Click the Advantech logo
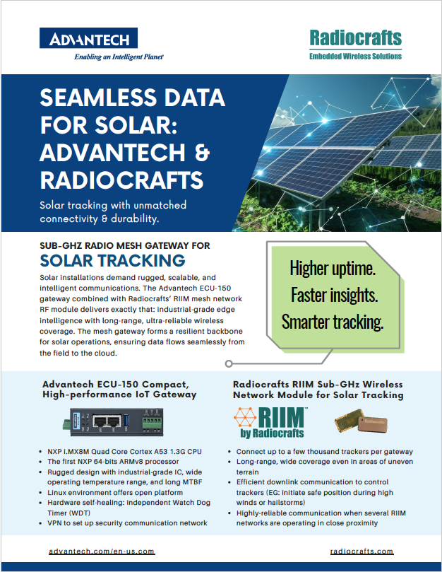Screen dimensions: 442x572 pos(88,38)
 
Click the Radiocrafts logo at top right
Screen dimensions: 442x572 pos(355,45)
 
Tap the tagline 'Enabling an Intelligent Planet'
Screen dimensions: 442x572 pos(119,57)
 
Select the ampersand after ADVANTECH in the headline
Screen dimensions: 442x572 pos(202,153)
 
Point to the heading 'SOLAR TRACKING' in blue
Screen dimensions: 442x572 pos(112,260)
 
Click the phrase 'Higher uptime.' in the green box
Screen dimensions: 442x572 pos(333,269)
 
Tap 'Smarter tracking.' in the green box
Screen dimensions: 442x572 pos(333,322)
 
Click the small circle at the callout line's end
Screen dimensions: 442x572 pos(229,363)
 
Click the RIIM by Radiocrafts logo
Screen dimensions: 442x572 pos(270,422)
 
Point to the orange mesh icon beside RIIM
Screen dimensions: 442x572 pos(245,417)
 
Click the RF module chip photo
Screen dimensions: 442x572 pos(361,421)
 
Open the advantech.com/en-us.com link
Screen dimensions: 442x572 pos(102,551)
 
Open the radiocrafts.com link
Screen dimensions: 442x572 pos(362,551)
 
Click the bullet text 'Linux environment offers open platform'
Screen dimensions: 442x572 pos(115,492)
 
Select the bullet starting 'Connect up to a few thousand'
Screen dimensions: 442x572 pos(325,451)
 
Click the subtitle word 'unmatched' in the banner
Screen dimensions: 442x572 pos(160,205)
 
